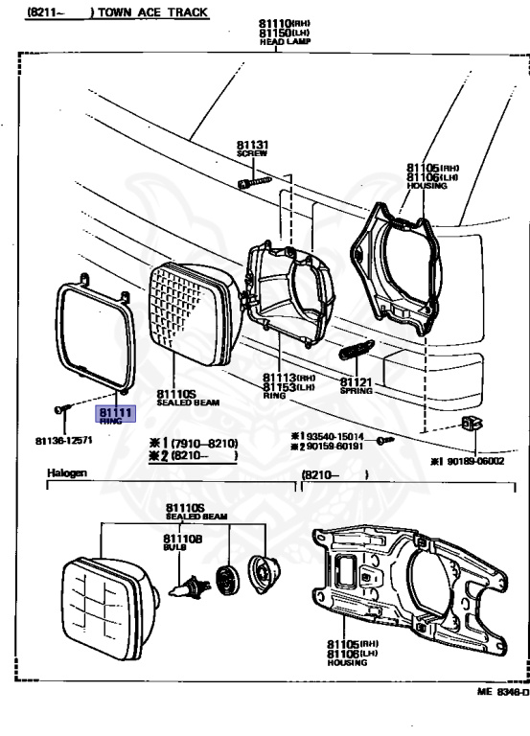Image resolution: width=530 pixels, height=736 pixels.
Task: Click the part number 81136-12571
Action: coord(63,440)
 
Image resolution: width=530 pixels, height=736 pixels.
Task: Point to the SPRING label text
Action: coord(356,391)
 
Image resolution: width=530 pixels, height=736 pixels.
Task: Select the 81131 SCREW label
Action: coord(253,149)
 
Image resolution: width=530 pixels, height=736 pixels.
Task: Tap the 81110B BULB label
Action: coord(182,542)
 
